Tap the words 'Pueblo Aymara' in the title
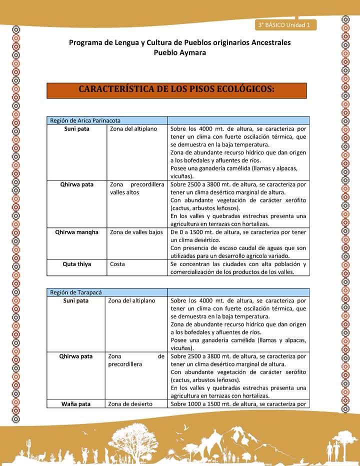pos(179,52)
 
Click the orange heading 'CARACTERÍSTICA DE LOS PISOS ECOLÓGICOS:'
pos(176,90)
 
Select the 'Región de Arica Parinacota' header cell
pos(107,120)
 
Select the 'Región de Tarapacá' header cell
pos(107,292)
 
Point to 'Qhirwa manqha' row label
pos(76,232)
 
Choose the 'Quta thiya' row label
pos(76,264)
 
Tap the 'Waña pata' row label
pos(76,404)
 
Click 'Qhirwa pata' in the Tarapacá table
pos(76,356)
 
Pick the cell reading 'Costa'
pos(117,264)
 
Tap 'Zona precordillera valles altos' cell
pos(137,188)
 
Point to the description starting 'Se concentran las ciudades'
pos(238,268)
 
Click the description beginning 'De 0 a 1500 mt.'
pos(238,243)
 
